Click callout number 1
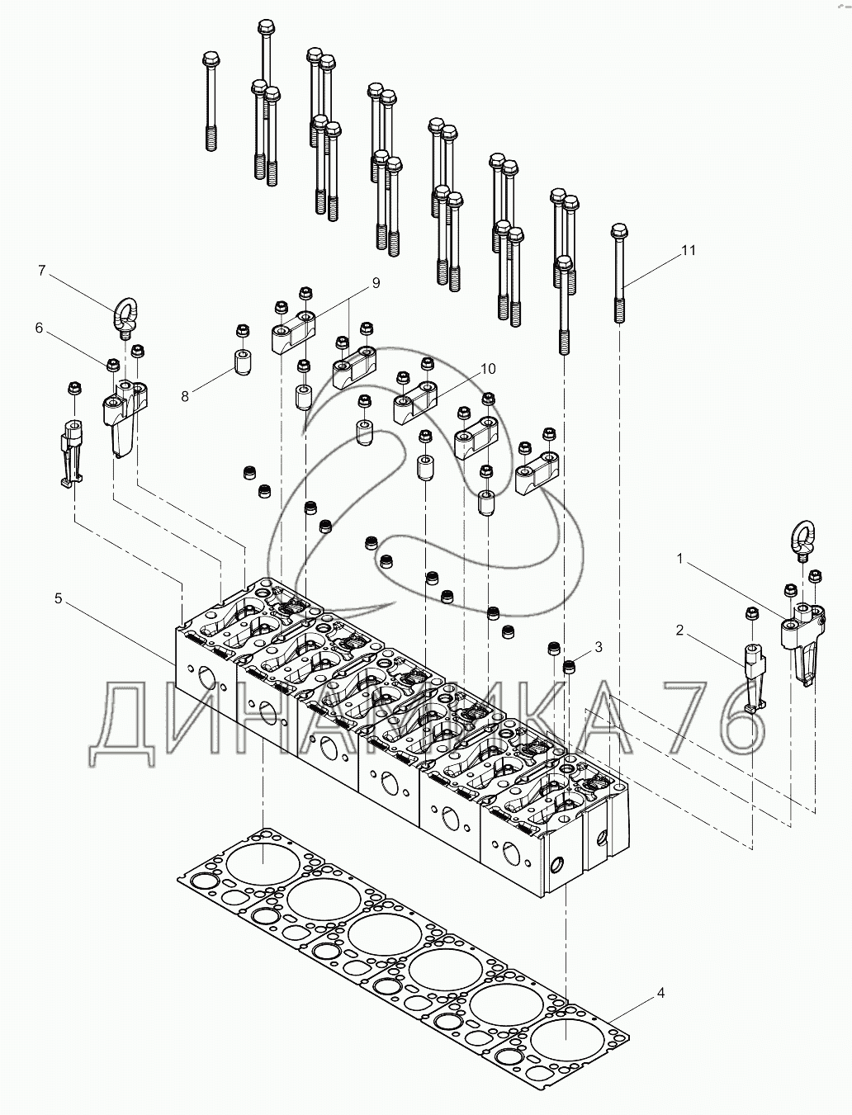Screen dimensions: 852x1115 679,559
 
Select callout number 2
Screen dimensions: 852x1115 679,631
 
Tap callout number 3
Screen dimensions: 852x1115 599,648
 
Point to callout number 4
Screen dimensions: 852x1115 660,994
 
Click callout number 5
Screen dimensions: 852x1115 59,598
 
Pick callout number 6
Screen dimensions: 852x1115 39,328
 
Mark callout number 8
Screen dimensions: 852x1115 185,396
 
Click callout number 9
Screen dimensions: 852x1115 376,283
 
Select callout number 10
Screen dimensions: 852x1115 488,368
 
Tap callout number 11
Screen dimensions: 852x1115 689,250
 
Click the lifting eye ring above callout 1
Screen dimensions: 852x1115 804,540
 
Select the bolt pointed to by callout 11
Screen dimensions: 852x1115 620,272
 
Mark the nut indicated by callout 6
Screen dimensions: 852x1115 114,364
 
